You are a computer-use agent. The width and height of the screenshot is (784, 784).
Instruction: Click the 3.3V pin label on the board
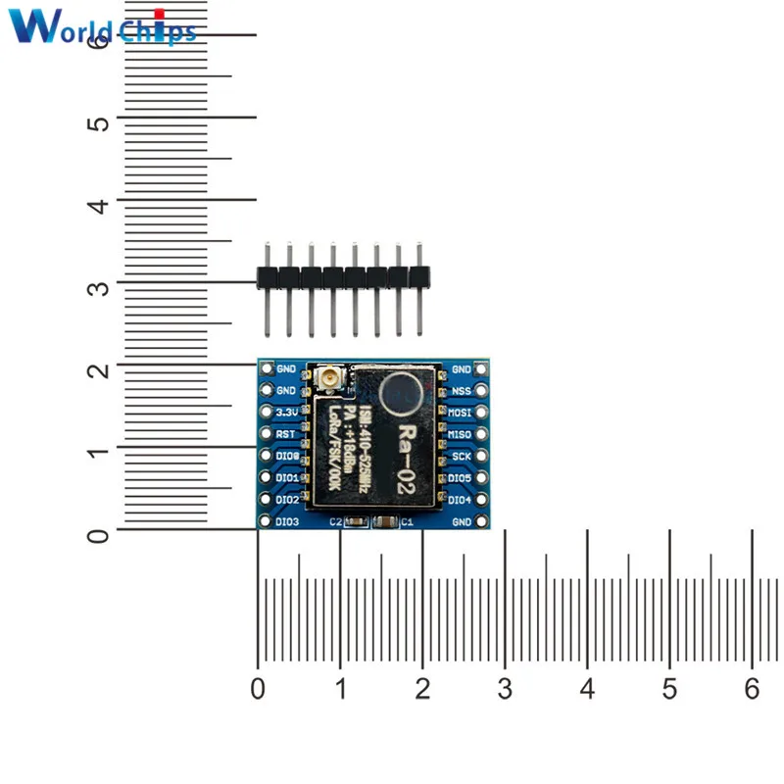pyautogui.click(x=286, y=413)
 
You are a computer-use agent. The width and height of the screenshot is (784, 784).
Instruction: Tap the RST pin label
pyautogui.click(x=286, y=434)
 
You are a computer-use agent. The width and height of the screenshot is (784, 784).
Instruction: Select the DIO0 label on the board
pyautogui.click(x=287, y=456)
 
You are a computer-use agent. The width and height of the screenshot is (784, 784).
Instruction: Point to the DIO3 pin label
pyautogui.click(x=287, y=521)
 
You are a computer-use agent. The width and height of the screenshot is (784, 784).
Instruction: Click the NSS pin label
pyautogui.click(x=461, y=391)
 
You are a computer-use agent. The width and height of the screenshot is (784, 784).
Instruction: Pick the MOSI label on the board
pyautogui.click(x=460, y=413)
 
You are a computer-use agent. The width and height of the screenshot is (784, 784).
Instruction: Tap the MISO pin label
pyautogui.click(x=460, y=434)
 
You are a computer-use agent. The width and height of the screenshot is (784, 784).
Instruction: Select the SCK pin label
pyautogui.click(x=461, y=456)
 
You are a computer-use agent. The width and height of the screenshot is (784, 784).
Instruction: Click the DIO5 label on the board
pyautogui.click(x=460, y=478)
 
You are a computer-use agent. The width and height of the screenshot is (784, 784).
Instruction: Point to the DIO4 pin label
pyautogui.click(x=460, y=500)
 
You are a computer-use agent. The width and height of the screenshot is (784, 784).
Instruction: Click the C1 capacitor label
pyautogui.click(x=408, y=522)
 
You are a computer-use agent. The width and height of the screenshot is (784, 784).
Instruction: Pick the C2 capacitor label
pyautogui.click(x=334, y=522)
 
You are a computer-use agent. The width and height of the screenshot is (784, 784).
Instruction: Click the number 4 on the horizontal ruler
pyautogui.click(x=587, y=689)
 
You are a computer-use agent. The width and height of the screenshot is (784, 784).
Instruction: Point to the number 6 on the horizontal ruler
pyautogui.click(x=752, y=689)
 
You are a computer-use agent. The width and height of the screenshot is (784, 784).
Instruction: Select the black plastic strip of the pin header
pyautogui.click(x=343, y=278)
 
